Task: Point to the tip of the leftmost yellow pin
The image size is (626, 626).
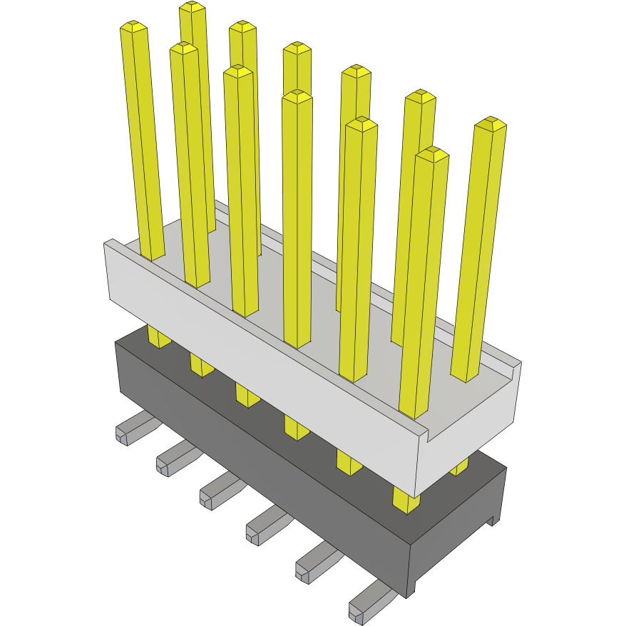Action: click(x=134, y=27)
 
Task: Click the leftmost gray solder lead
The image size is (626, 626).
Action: click(x=132, y=429)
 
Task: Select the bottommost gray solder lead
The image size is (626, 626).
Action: click(x=367, y=602)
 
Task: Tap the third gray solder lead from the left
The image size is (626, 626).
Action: click(x=217, y=491)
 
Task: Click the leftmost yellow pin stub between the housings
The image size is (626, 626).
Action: click(x=158, y=337)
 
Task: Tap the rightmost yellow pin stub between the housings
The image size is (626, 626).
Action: click(x=460, y=466)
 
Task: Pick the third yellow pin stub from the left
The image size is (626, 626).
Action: click(x=247, y=394)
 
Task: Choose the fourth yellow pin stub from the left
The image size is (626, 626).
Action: click(x=296, y=426)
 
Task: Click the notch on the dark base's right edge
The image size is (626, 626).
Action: click(x=491, y=520)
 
